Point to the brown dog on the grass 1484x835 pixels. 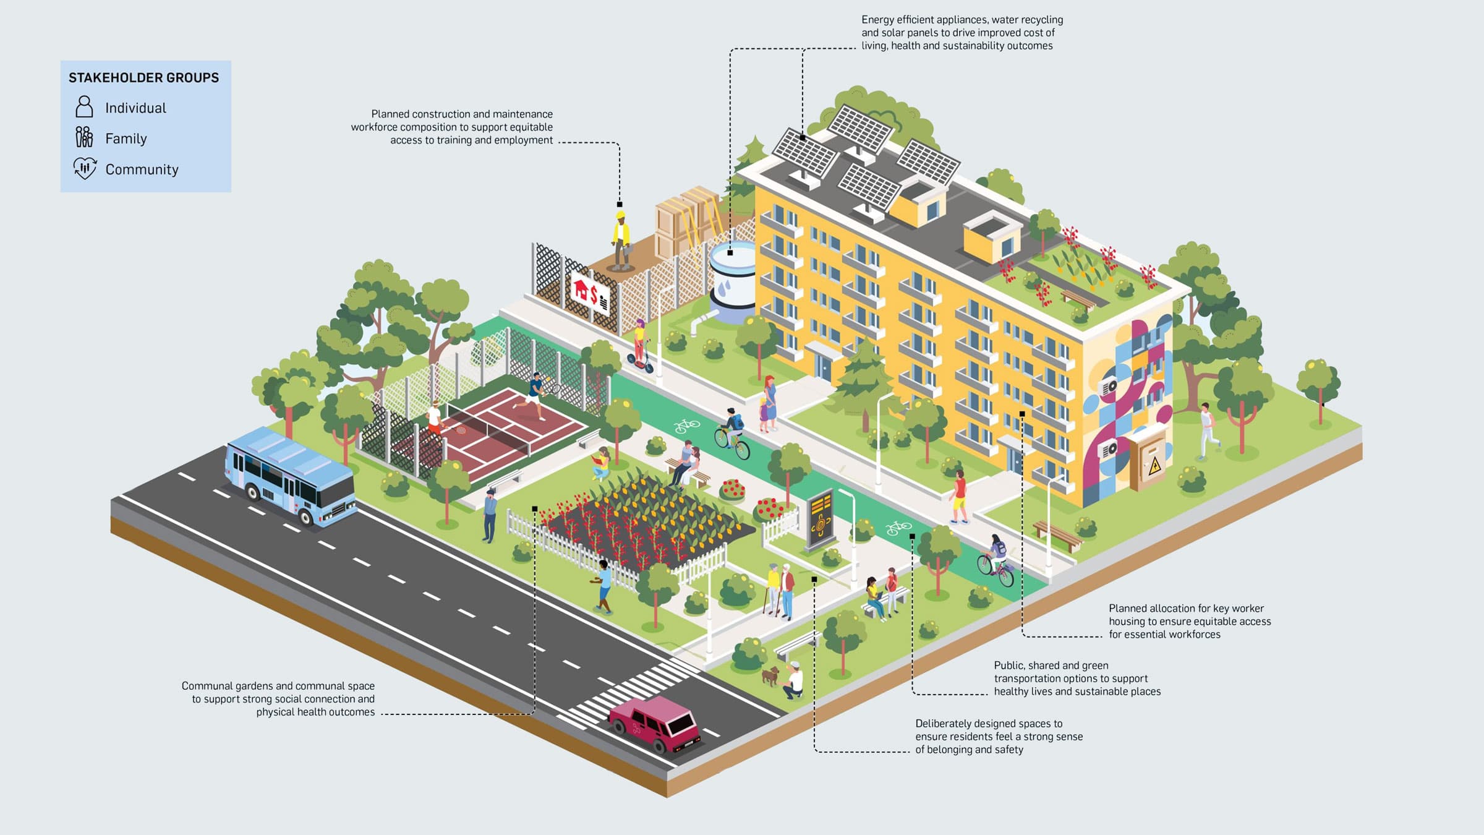tap(770, 675)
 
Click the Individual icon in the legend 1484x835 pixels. tap(84, 107)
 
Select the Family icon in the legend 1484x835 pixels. tap(84, 137)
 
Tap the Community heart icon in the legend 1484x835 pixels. tap(85, 168)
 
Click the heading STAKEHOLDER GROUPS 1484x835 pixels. tap(143, 78)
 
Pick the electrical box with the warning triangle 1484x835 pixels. tap(1148, 460)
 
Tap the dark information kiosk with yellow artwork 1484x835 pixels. tap(820, 520)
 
